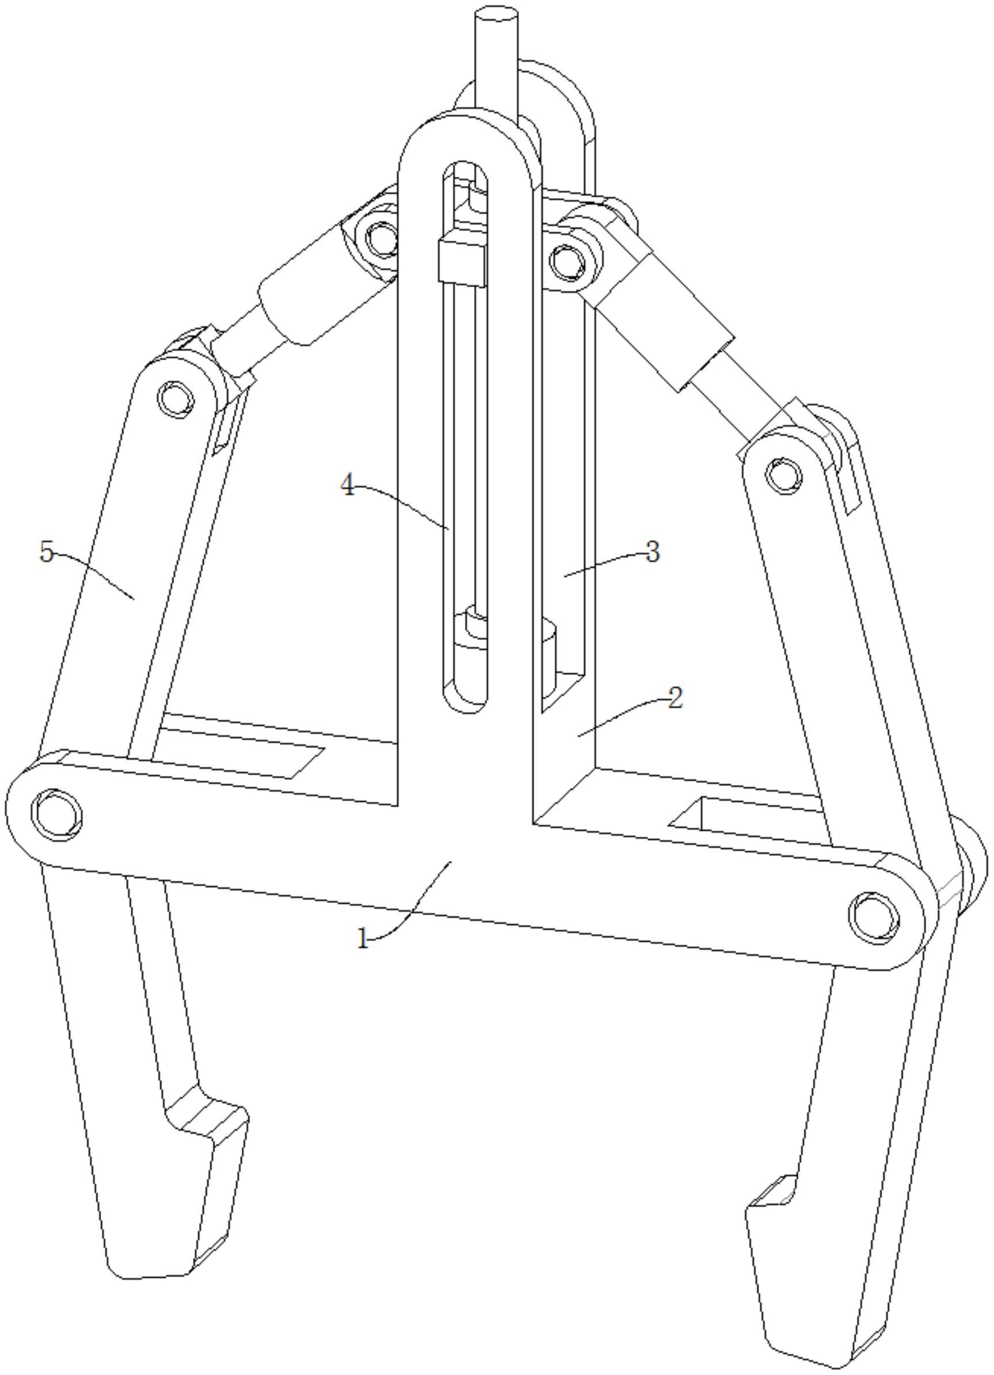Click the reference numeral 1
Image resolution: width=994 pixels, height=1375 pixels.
(363, 939)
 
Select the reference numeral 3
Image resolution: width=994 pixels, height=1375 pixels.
(652, 553)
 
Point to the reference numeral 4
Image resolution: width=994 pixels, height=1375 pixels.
(347, 486)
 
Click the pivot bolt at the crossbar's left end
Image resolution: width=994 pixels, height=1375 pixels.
(57, 814)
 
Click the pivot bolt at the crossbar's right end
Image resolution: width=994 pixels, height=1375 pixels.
(874, 916)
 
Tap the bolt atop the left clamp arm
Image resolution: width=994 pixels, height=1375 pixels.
(176, 398)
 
